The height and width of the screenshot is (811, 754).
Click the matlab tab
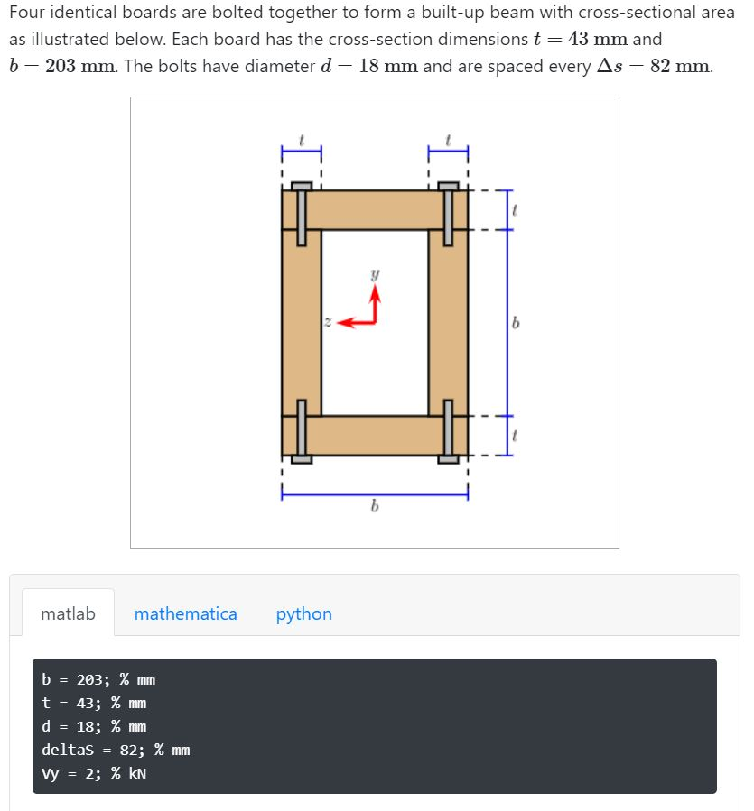(68, 613)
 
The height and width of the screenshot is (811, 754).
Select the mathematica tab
(185, 613)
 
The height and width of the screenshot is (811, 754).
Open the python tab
(303, 613)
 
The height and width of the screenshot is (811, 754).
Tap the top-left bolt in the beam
(302, 215)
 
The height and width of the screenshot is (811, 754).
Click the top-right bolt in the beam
(448, 215)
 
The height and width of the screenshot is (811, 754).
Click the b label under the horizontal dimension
(374, 508)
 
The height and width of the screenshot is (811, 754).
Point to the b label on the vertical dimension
(516, 323)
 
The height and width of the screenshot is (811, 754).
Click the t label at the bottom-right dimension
(515, 435)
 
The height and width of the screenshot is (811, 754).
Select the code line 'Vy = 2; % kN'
(94, 773)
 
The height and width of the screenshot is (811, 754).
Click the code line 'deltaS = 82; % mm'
(116, 750)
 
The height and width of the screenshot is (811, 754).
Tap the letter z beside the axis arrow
(327, 321)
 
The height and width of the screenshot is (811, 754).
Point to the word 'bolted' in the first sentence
(240, 14)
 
